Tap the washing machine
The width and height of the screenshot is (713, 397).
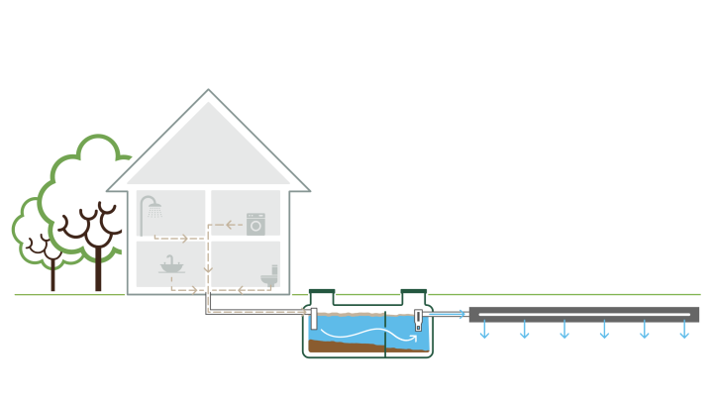click(x=256, y=224)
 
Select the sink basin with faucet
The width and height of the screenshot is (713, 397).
click(x=171, y=265)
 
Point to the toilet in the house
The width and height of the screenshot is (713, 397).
click(x=269, y=278)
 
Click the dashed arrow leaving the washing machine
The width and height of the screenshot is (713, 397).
click(x=231, y=225)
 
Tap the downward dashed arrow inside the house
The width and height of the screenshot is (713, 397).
click(x=208, y=267)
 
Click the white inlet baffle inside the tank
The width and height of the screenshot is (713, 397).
click(x=314, y=320)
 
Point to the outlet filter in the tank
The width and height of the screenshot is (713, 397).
click(x=418, y=321)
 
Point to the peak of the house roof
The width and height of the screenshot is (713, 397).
click(x=209, y=91)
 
